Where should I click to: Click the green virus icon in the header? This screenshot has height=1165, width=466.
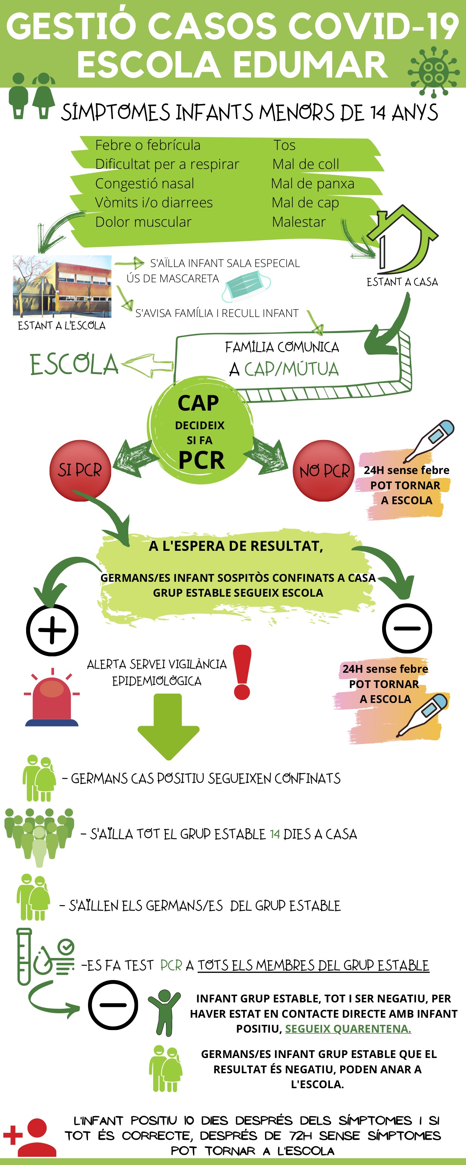pyautogui.click(x=434, y=72)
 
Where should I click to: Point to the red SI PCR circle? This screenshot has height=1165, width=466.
pyautogui.click(x=80, y=470)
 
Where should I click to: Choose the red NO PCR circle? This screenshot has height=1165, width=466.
pyautogui.click(x=324, y=470)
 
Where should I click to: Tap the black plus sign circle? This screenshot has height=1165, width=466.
pyautogui.click(x=52, y=630)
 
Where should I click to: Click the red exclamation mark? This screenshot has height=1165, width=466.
pyautogui.click(x=242, y=672)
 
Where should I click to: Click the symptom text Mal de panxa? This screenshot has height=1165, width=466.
pyautogui.click(x=312, y=183)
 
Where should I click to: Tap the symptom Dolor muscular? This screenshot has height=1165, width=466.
pyautogui.click(x=143, y=222)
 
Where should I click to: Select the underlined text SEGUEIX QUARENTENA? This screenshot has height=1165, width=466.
pyautogui.click(x=348, y=1029)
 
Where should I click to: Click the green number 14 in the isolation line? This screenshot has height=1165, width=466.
pyautogui.click(x=275, y=834)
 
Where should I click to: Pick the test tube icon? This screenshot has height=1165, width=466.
pyautogui.click(x=24, y=957)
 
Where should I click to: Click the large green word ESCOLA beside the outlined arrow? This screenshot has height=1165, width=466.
pyautogui.click(x=74, y=364)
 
